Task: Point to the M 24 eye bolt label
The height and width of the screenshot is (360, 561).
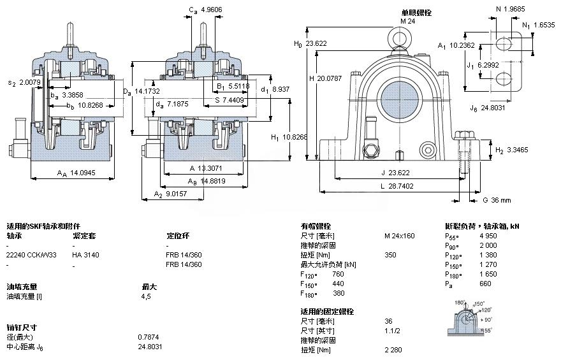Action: coord(407,20)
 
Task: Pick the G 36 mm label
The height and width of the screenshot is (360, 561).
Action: coord(496,200)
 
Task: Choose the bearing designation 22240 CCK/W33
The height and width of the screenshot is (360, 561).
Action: coord(31,254)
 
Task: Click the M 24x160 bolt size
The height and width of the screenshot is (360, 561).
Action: coord(399,236)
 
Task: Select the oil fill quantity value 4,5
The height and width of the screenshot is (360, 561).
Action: coord(146,296)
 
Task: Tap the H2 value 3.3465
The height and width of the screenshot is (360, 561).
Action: coord(519,150)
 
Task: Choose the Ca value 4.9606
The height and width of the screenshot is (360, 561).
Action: coord(212,10)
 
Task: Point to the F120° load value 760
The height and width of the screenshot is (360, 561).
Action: coord(339,274)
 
